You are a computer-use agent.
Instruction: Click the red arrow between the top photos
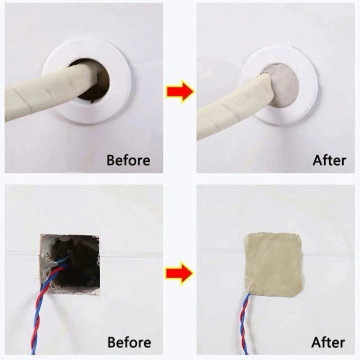[x=179, y=92]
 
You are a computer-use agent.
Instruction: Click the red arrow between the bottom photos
[x=179, y=273]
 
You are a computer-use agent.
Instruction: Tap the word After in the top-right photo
[x=329, y=160]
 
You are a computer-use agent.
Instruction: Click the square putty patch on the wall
[x=274, y=262]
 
